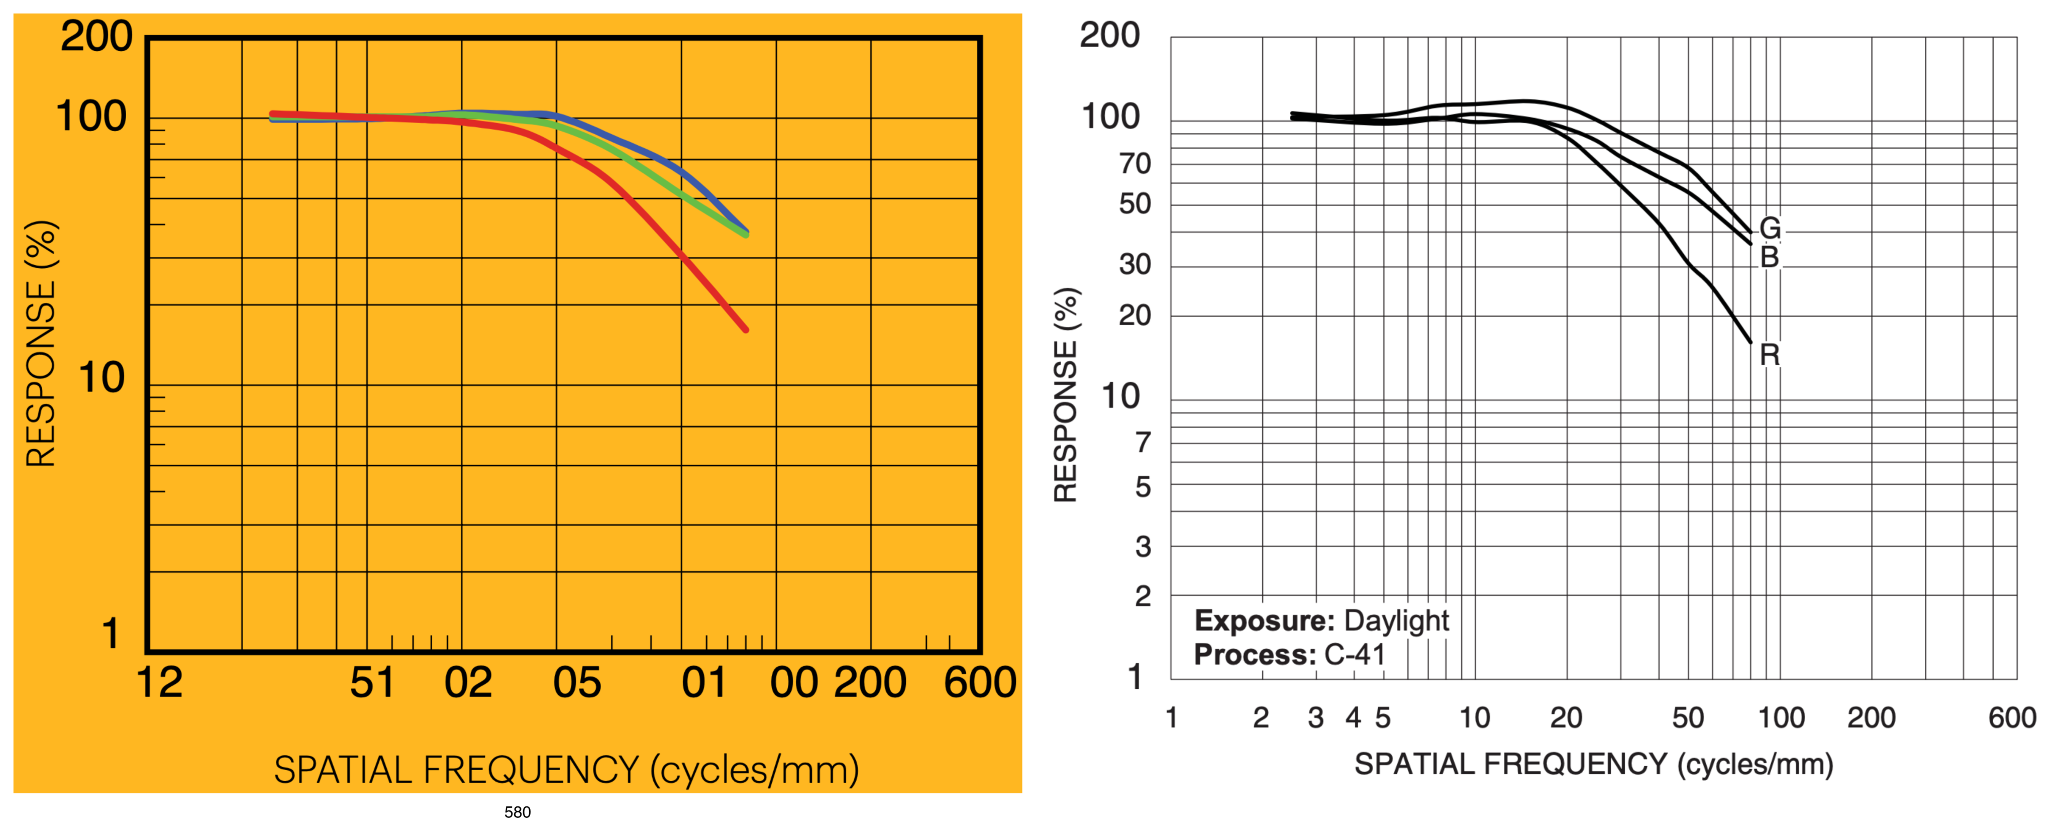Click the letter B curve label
click(1770, 257)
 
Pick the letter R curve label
click(1770, 355)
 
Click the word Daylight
click(1396, 621)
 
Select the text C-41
click(1355, 655)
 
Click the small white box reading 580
click(518, 812)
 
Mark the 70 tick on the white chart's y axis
click(1135, 164)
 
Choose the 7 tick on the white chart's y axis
click(1143, 443)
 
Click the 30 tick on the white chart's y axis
click(1135, 264)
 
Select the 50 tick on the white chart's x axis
click(1688, 717)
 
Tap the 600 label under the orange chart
click(979, 683)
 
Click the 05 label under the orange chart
click(577, 683)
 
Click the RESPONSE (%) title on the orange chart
click(42, 344)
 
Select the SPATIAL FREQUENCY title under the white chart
click(1593, 765)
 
